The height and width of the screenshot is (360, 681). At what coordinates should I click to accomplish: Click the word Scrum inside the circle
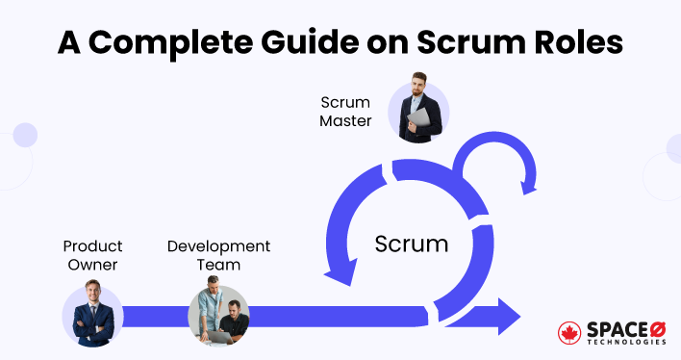coord(412,244)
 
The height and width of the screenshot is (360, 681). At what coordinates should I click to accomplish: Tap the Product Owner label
coord(93,255)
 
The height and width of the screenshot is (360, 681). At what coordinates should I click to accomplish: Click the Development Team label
coord(218,255)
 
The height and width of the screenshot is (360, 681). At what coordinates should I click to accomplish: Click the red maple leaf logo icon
coord(569,331)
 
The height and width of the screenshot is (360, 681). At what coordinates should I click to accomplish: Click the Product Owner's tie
coord(93,318)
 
